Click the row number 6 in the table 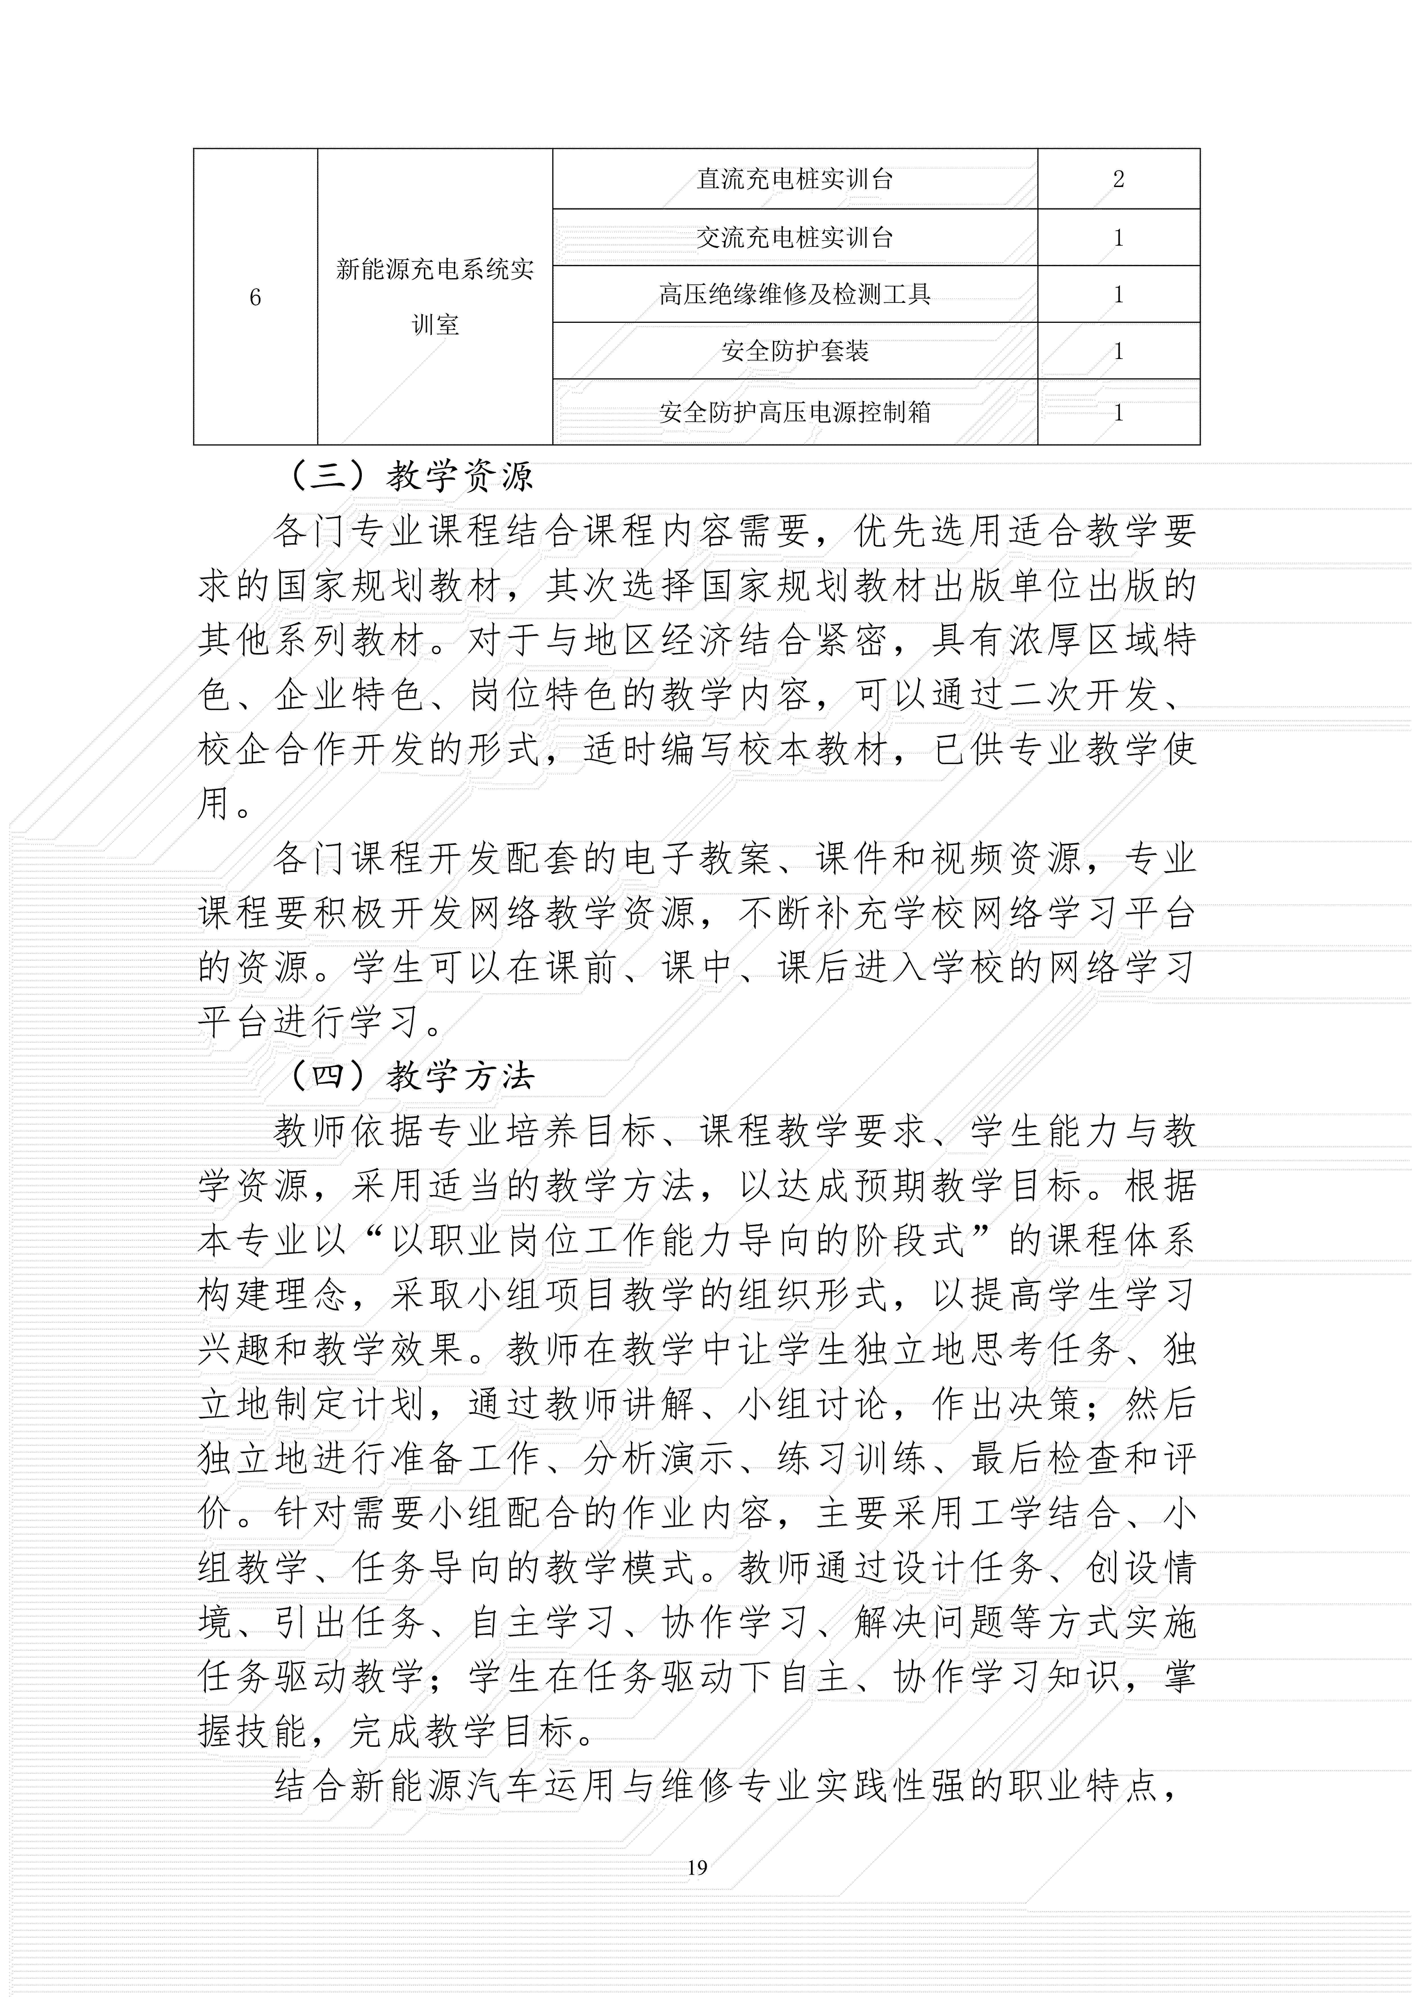pyautogui.click(x=255, y=297)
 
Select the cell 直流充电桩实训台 pyautogui.click(x=794, y=179)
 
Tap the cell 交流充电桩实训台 pyautogui.click(x=794, y=237)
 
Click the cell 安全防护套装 pyautogui.click(x=794, y=351)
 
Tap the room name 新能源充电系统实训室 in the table pyautogui.click(x=435, y=297)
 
